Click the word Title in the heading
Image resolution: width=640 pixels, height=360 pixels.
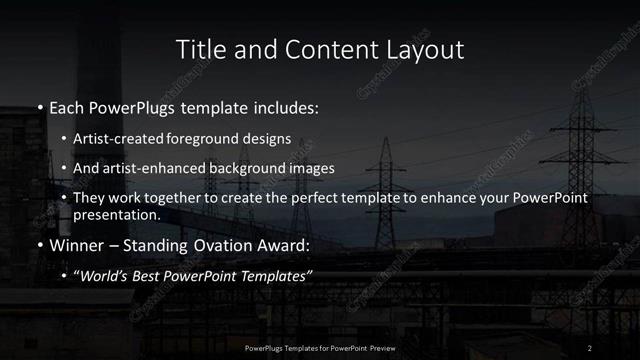[x=198, y=49]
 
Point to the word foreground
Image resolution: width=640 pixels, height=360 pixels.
[x=209, y=140]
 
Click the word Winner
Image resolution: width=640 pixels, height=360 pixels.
[x=77, y=245]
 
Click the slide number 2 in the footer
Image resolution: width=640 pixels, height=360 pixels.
[x=590, y=347]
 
